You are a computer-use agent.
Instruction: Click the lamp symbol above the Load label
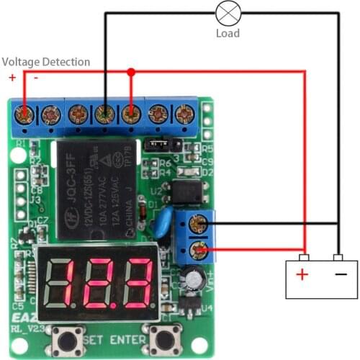tap(228, 12)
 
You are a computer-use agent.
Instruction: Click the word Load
tap(228, 33)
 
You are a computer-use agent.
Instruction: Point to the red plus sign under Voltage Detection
tap(12, 77)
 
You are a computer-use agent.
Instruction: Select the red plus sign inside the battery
tap(302, 274)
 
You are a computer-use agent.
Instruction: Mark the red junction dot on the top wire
tap(131, 72)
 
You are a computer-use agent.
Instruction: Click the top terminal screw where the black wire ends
tap(106, 114)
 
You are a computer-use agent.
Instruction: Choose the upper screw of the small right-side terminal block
tap(200, 224)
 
